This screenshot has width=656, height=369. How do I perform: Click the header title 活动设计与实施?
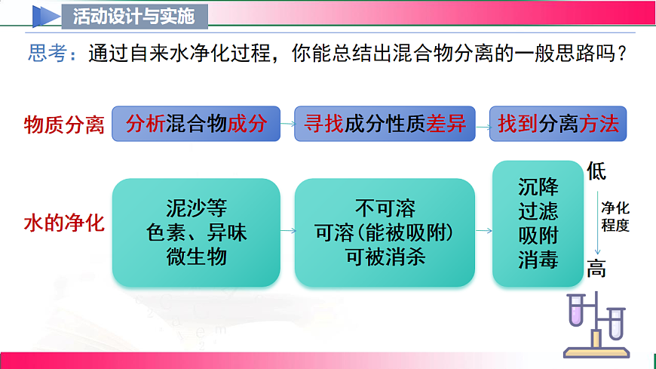tap(134, 15)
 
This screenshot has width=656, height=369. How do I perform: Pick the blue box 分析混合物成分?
tap(196, 124)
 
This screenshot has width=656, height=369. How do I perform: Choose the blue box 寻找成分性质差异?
tap(385, 124)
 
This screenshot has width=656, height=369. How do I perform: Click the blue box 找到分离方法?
tap(558, 124)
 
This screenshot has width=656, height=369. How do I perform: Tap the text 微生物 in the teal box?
tap(197, 257)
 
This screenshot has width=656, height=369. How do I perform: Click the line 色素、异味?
tap(197, 232)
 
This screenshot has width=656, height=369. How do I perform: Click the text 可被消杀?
tap(385, 257)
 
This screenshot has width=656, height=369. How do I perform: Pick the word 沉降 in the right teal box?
tap(538, 186)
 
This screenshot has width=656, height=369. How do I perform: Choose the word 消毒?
tap(538, 260)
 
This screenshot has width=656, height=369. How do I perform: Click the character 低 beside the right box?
tap(596, 171)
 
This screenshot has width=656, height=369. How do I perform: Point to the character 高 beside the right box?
tap(596, 268)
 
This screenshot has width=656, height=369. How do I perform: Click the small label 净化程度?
tap(615, 217)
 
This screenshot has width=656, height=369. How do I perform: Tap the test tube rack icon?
tap(596, 326)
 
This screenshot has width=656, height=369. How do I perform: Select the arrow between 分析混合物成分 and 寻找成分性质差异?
tap(287, 125)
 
